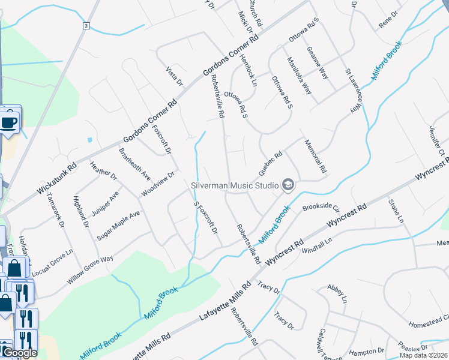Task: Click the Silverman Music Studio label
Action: coord(234,185)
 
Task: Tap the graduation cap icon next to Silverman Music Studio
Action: coord(288,185)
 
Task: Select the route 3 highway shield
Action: coord(86,26)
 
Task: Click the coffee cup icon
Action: coord(9,123)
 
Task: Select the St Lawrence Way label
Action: coord(355,91)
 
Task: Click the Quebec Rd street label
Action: coord(270,163)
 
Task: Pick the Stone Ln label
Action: coord(396,212)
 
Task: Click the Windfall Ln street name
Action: coord(316,245)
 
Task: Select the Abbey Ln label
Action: coord(336,294)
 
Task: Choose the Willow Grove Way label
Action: coord(90,269)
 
